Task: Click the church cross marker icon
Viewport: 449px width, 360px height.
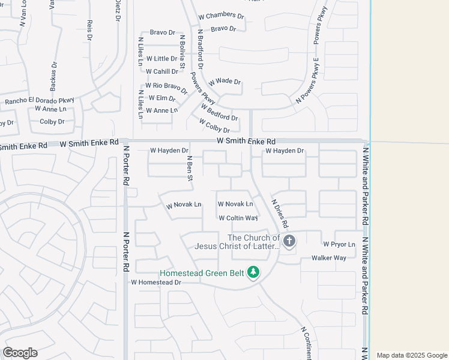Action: [x=289, y=242]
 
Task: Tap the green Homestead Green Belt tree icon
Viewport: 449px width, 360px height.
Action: [x=254, y=273]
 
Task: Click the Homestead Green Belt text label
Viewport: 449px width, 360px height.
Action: [x=202, y=273]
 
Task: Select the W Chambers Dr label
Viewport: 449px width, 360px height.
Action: [x=221, y=16]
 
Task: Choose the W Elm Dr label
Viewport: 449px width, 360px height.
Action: [x=161, y=98]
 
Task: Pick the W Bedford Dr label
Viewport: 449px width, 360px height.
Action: [x=219, y=112]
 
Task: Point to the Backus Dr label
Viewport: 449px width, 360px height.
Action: [x=53, y=76]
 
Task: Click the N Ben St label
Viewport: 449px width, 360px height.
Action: [x=189, y=168]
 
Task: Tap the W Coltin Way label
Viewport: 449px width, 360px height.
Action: [x=238, y=218]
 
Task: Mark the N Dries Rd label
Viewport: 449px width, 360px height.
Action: [x=280, y=214]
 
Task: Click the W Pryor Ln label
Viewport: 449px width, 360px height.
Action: [x=339, y=244]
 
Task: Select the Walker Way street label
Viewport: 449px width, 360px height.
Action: [x=328, y=258]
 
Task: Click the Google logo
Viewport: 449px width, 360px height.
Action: [x=20, y=353]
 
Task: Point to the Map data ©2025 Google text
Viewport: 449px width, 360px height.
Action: [x=411, y=355]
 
